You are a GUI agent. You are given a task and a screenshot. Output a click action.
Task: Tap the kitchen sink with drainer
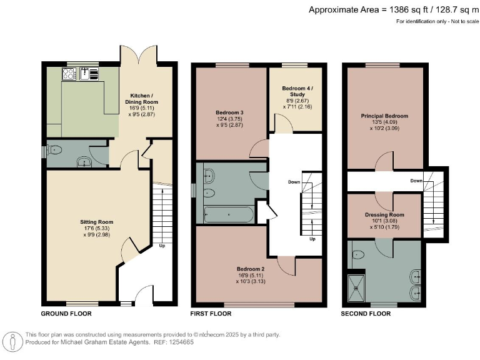coord(92,74)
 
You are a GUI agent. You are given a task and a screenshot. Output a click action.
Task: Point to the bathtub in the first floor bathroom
coord(229,214)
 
